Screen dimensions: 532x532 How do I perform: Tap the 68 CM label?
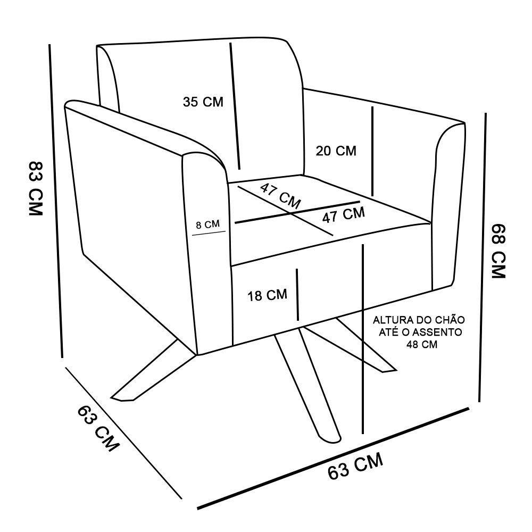(498, 251)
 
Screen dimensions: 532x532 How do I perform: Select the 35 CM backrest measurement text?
(203, 102)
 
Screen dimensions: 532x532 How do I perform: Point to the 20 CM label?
(336, 151)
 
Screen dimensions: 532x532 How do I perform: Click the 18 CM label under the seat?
(268, 295)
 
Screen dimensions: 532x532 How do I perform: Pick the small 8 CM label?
(207, 225)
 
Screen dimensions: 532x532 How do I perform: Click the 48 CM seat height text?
(422, 344)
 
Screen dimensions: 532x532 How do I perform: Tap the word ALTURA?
(390, 320)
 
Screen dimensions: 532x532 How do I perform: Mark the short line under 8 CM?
(209, 234)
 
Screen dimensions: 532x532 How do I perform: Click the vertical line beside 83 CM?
(56, 201)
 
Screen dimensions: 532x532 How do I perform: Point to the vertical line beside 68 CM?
(483, 257)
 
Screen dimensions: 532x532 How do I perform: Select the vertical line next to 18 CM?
(297, 295)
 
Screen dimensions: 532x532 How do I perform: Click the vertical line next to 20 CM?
(372, 151)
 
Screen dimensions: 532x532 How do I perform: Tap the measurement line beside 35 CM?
(235, 106)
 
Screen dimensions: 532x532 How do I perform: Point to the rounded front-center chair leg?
(307, 387)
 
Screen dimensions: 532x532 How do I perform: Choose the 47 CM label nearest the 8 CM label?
(280, 196)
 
